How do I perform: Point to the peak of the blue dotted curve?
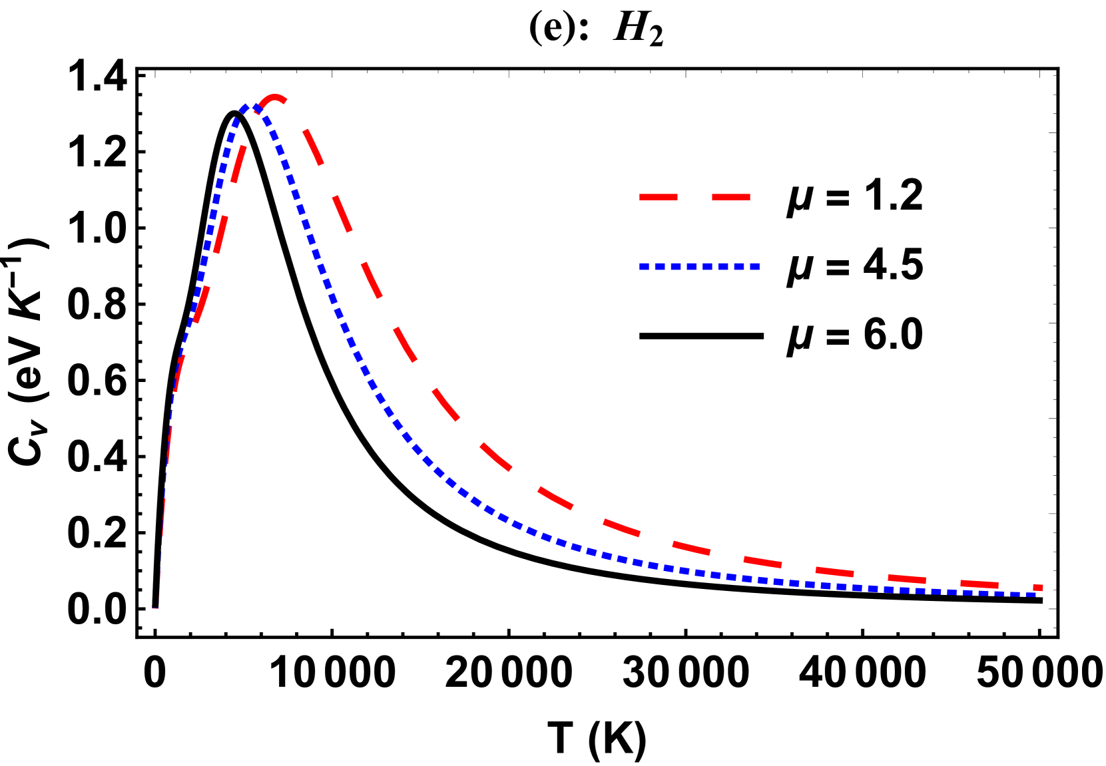(247, 106)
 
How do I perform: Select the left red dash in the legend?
(658, 197)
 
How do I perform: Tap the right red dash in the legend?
(731, 197)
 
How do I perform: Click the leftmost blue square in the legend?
(644, 266)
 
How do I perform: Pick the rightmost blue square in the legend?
(755, 266)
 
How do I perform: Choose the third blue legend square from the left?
(676, 266)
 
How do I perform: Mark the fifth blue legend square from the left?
(707, 266)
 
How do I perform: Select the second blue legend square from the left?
(660, 266)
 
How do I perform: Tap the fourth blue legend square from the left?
(692, 266)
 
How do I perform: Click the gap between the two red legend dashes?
(694, 197)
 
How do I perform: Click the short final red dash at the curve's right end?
(1038, 587)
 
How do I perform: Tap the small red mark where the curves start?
(155, 608)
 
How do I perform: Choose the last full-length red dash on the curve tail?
(979, 584)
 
